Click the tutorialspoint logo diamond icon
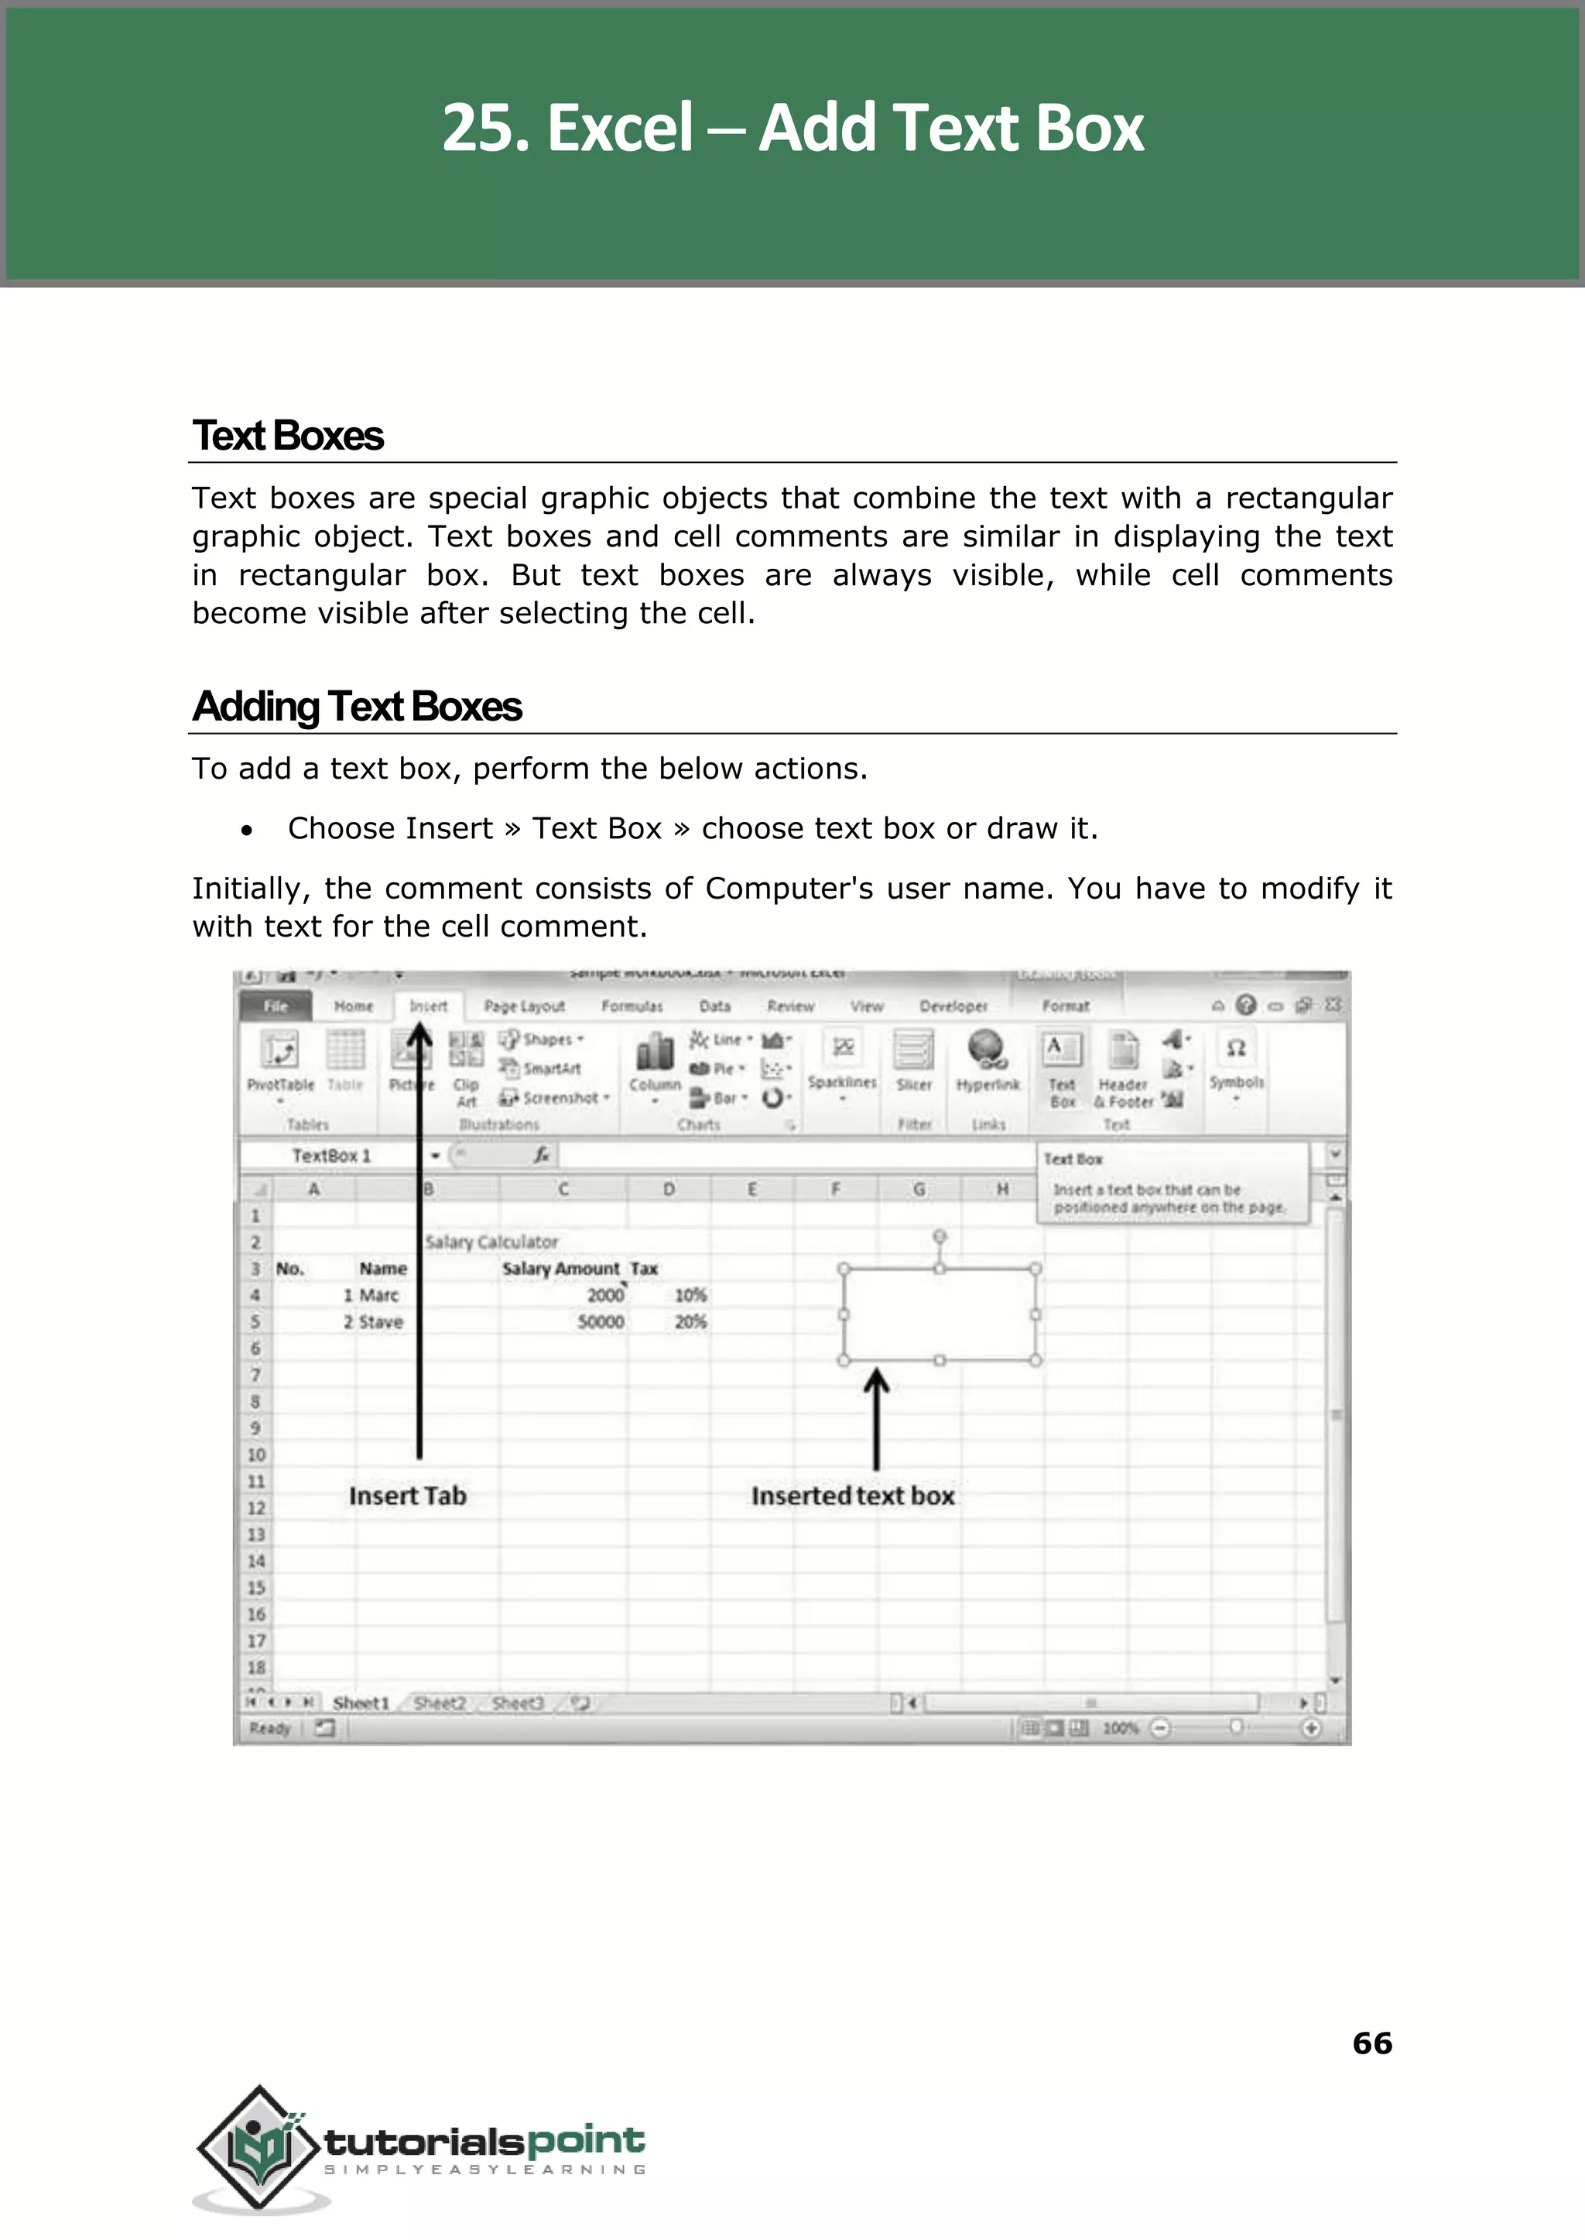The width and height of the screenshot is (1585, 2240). (x=259, y=2148)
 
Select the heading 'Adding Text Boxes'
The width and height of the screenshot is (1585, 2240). (x=358, y=707)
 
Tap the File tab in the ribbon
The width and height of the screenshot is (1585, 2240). (x=276, y=1006)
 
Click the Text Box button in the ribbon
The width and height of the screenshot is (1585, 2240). (x=1062, y=1070)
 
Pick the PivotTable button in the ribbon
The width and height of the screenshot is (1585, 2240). (x=280, y=1063)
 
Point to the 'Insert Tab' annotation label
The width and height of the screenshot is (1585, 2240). (x=408, y=1496)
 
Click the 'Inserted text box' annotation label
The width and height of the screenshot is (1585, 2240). (x=852, y=1496)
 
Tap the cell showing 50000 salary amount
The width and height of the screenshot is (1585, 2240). (x=601, y=1321)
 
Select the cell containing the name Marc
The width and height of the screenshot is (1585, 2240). (x=378, y=1295)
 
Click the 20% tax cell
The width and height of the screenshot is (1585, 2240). (x=690, y=1321)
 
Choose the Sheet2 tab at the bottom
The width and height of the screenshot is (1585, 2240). (x=439, y=1703)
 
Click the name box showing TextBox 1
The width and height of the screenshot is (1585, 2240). (x=332, y=1156)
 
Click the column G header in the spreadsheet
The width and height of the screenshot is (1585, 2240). (x=919, y=1189)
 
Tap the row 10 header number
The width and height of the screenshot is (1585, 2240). (x=255, y=1454)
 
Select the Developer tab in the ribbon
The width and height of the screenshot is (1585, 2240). (x=953, y=1006)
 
